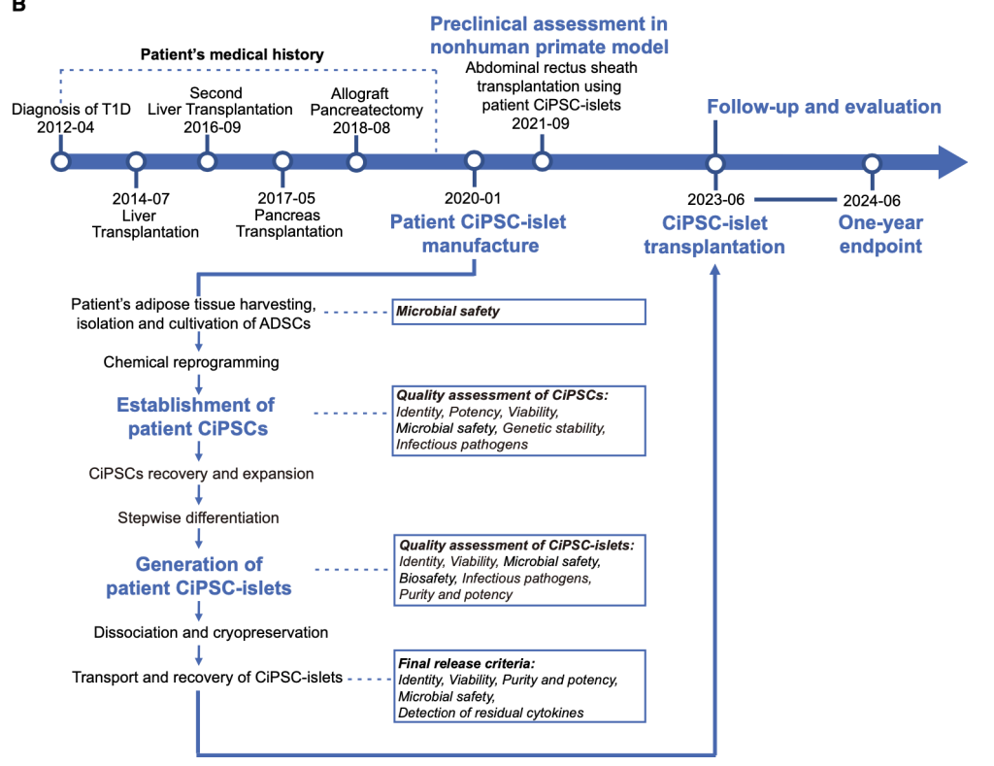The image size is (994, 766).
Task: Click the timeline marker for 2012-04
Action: [61, 162]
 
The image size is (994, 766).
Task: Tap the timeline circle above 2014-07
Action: [136, 162]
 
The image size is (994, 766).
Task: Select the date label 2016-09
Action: [213, 127]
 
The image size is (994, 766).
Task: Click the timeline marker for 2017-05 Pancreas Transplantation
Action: [282, 162]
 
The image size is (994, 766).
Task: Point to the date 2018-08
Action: [361, 128]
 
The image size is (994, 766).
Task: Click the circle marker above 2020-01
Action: [474, 161]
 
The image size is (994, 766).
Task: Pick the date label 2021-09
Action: [541, 123]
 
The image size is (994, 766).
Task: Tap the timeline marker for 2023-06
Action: [715, 164]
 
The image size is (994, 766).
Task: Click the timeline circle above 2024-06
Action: [873, 164]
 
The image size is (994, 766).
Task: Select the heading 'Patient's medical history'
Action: [232, 54]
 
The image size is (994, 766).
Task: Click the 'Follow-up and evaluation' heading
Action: [824, 107]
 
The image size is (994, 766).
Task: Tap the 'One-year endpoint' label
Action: [880, 234]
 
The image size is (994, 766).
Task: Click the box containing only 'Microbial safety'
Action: [518, 312]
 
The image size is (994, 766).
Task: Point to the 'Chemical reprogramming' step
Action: [191, 362]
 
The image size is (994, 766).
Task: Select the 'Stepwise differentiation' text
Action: [198, 518]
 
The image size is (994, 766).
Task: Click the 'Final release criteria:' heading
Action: [467, 664]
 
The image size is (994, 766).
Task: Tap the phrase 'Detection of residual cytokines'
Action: [490, 713]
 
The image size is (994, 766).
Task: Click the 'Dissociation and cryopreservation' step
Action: [211, 632]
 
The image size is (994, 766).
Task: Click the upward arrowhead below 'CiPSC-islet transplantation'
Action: [715, 270]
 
